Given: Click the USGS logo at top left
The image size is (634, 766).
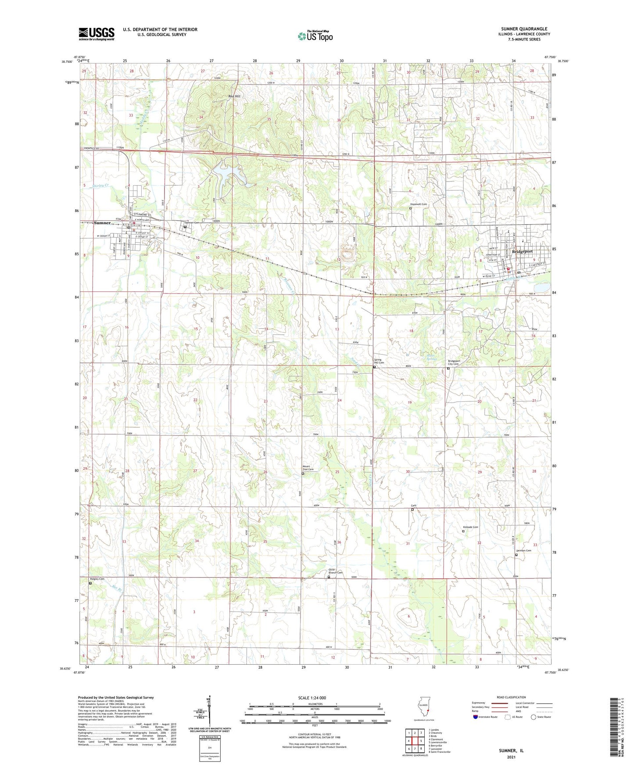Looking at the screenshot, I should click(97, 34).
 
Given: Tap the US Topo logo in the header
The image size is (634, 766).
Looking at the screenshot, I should click(315, 36).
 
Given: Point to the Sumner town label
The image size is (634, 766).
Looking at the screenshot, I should click(102, 223).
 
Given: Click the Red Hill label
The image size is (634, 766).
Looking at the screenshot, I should click(234, 96).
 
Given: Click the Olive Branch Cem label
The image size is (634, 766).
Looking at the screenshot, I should click(336, 572).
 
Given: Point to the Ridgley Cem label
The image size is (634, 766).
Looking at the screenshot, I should click(97, 579).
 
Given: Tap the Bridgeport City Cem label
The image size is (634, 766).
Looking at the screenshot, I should click(453, 362).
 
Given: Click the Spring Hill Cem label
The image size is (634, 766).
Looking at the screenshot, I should click(379, 361).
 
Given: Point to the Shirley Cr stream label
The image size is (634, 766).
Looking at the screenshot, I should click(101, 186).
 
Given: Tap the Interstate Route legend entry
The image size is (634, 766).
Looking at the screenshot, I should click(486, 717).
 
